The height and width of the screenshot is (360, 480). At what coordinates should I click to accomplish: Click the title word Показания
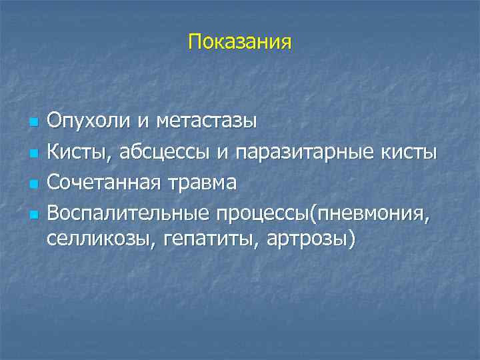[240, 43]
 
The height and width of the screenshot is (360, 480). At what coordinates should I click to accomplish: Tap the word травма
[203, 183]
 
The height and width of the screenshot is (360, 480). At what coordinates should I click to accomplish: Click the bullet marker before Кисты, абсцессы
[32, 153]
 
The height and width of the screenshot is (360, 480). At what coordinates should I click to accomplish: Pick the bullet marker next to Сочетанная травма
[32, 184]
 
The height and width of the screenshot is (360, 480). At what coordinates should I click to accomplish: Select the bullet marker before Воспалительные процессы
[32, 215]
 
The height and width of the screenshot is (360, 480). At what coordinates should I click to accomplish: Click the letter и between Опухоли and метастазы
[142, 123]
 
